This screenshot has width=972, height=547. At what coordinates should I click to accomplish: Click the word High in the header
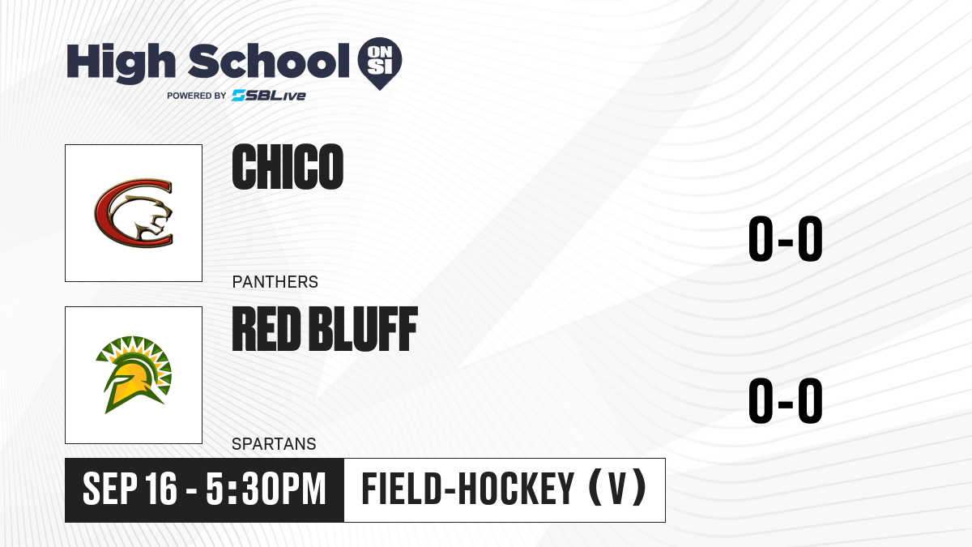coord(122,62)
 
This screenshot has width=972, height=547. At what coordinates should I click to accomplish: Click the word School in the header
coord(269,60)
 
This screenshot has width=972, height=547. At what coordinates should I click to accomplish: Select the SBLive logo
coord(268,96)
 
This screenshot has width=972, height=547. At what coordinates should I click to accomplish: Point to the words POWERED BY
coord(197,96)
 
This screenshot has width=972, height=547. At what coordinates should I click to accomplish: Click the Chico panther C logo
coord(134,212)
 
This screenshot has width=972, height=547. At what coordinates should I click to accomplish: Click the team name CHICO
coord(288,167)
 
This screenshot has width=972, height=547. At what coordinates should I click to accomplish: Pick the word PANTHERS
coord(275,282)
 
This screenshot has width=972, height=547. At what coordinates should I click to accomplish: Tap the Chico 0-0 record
coord(786,238)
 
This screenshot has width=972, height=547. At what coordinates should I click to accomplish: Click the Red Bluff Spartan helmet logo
coord(134,374)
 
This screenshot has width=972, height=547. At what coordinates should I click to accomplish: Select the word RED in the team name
coord(266,329)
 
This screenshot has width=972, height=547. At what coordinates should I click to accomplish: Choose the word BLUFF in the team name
coord(364,329)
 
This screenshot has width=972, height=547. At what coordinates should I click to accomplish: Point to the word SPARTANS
coord(274,444)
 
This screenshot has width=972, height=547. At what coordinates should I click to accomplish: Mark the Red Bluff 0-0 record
coord(786,400)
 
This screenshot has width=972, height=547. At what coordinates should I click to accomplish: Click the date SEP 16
coord(130,489)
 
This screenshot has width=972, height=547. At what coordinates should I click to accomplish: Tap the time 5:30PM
coord(266,489)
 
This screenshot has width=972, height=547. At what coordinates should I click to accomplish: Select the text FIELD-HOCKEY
coord(468,489)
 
